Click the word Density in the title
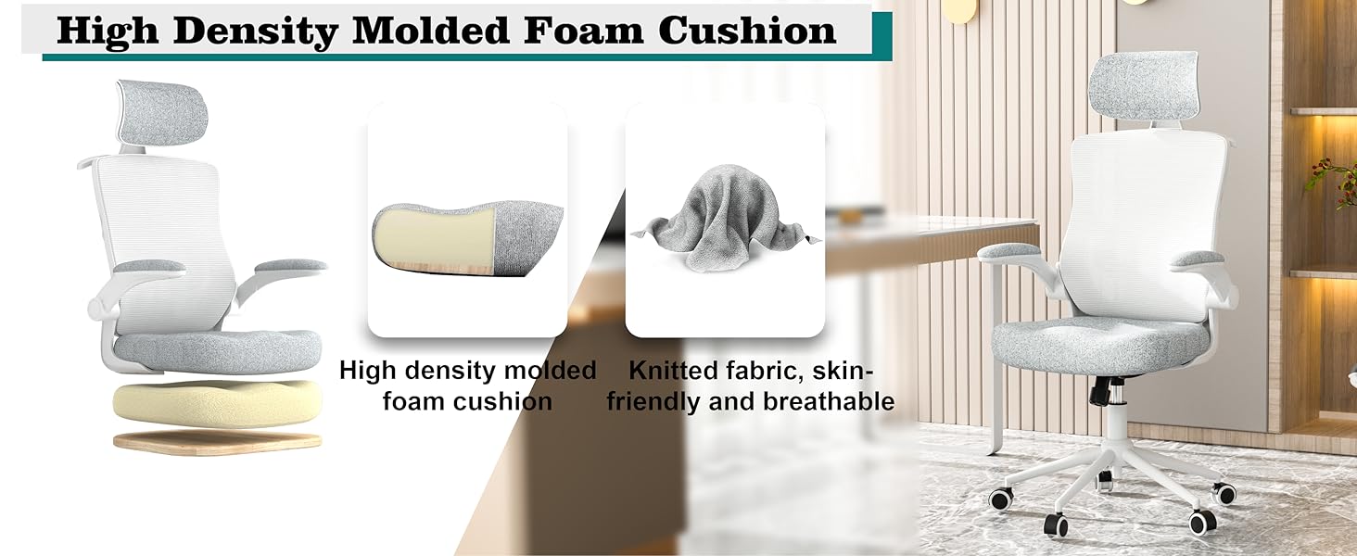coord(256,32)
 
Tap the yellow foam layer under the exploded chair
coord(218,403)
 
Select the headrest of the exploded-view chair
coord(162,113)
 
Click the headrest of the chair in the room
coord(1143,86)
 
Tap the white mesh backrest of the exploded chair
coord(163,242)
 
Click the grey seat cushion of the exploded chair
coord(217,352)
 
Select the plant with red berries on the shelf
coord(1334,180)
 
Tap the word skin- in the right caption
coord(843,371)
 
